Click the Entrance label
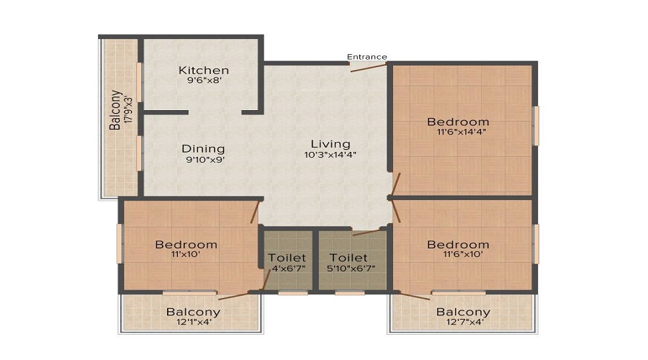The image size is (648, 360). (x=367, y=57)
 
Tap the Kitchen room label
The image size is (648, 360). (x=204, y=71)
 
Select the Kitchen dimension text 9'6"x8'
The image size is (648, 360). (x=205, y=81)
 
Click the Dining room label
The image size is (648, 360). (x=203, y=149)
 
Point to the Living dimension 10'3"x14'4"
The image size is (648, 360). (x=330, y=155)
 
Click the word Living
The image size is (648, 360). (x=330, y=144)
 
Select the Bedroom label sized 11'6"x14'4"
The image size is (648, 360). (x=458, y=122)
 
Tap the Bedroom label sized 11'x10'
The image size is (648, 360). (x=186, y=245)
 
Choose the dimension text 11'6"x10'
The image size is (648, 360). (x=463, y=254)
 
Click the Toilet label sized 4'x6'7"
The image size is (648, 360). (x=287, y=258)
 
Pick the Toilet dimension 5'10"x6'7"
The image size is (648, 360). (x=351, y=269)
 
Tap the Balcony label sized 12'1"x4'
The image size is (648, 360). (x=193, y=312)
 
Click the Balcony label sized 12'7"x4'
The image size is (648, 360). (x=463, y=312)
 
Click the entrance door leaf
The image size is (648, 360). (x=369, y=68)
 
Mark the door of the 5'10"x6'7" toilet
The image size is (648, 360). (x=367, y=232)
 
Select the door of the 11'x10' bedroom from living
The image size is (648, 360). (x=255, y=212)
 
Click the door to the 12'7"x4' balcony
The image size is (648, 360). (x=415, y=296)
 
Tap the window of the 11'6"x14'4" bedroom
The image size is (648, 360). (x=536, y=126)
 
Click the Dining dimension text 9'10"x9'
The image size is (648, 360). (x=205, y=160)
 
